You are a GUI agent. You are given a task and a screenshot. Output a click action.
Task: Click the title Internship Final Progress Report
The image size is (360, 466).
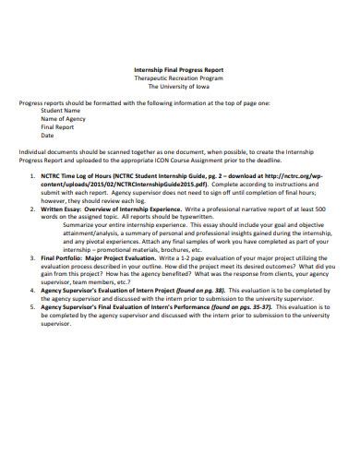pos(179,70)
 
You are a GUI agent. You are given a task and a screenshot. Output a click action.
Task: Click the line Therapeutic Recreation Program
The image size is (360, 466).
pos(179,78)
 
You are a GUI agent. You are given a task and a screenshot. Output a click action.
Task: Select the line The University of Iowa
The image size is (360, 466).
pos(179,87)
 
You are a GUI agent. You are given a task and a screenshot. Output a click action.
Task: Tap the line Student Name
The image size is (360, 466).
pos(60,111)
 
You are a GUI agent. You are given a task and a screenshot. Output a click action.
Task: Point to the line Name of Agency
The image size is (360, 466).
pos(63,119)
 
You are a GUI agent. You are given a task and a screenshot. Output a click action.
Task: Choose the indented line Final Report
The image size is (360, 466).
pos(57,127)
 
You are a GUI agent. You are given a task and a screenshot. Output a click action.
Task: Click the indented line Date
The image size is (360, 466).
pos(47,136)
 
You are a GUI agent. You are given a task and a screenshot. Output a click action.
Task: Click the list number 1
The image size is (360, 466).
pos(33,173)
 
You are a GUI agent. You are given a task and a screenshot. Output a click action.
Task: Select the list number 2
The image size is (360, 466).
pos(33,209)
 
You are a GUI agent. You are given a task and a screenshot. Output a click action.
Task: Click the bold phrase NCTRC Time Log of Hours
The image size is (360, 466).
pos(82,173)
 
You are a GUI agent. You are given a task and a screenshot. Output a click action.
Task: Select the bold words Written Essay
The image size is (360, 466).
pos(62,209)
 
